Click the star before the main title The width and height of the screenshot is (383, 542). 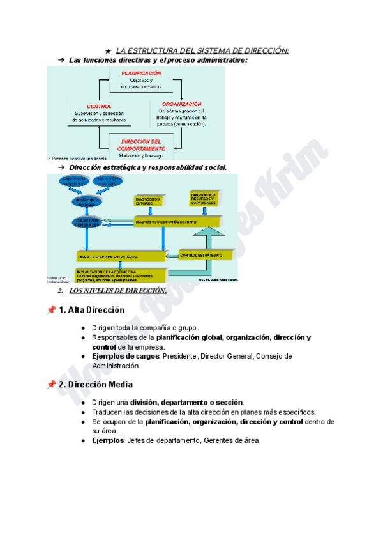click(109, 50)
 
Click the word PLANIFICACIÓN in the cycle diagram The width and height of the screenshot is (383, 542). click(141, 74)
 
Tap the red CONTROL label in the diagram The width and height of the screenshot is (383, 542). click(98, 106)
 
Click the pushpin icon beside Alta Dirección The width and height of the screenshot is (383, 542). click(51, 310)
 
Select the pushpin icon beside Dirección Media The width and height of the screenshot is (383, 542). click(51, 385)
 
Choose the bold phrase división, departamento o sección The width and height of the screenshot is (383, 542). click(186, 402)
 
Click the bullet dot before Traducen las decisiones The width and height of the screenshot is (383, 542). click(84, 412)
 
